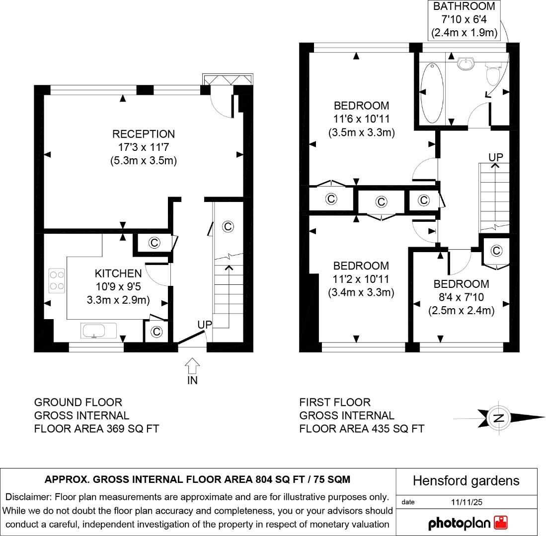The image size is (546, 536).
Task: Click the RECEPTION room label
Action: tap(143, 134)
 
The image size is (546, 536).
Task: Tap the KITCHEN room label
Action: tap(118, 273)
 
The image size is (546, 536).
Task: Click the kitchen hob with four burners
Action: tap(57, 280)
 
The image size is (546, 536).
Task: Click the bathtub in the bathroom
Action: tap(430, 93)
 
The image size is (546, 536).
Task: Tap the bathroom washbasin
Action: tap(466, 64)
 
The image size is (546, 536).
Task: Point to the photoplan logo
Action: tap(468, 523)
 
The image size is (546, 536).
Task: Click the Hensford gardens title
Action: tap(466, 480)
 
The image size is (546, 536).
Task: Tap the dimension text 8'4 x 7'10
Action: tap(461, 297)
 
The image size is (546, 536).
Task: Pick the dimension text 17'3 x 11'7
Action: tap(143, 147)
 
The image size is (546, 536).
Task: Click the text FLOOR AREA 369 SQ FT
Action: tap(96, 428)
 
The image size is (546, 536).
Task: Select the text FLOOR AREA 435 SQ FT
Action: tap(362, 428)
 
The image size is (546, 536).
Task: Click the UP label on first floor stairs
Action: tap(495, 157)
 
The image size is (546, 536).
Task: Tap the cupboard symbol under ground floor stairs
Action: tap(228, 226)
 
